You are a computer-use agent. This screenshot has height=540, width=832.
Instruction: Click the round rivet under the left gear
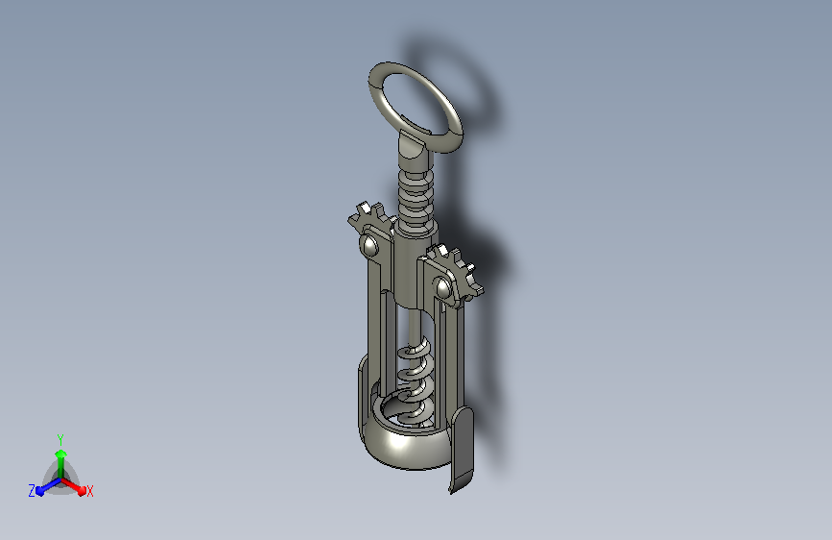coord(369,245)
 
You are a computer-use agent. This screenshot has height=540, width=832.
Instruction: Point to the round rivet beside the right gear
coord(442,288)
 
